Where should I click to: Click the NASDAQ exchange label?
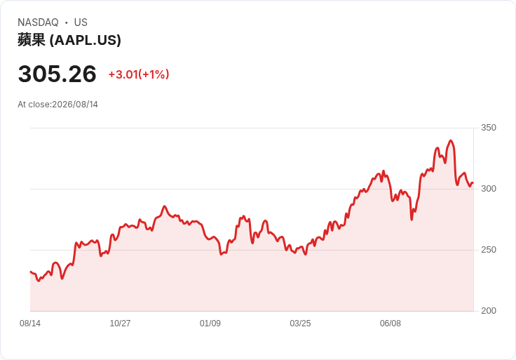tap(38, 22)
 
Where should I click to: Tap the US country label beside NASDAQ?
tap(81, 22)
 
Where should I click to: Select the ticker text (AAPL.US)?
tap(86, 40)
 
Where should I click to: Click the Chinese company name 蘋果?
tap(32, 40)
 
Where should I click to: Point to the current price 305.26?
tap(57, 74)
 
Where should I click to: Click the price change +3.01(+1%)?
tap(139, 74)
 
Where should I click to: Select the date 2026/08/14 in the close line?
tap(75, 105)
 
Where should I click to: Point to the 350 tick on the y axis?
tap(489, 128)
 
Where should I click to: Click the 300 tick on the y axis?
tap(489, 189)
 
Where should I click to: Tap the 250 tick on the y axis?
tap(489, 250)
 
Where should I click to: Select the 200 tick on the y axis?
tap(489, 311)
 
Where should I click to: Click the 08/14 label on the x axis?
tap(30, 324)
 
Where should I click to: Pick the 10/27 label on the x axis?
tap(120, 324)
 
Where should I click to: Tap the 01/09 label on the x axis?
tap(210, 324)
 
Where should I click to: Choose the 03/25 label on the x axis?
tap(300, 324)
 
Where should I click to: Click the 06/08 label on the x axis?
tap(391, 324)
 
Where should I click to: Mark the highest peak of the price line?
tap(451, 140)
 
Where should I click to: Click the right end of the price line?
tap(473, 182)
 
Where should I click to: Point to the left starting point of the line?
tap(31, 272)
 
